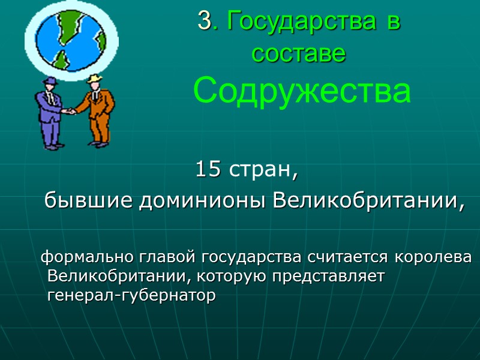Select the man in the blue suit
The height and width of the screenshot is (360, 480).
(x=49, y=114)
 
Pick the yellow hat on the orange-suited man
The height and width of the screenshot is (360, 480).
(x=94, y=79)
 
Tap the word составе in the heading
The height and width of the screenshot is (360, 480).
(x=299, y=53)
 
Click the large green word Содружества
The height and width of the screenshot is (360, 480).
(x=302, y=92)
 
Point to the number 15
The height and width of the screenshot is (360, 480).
(x=208, y=170)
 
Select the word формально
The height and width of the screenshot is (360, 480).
(x=88, y=258)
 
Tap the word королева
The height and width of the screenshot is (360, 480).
(x=433, y=258)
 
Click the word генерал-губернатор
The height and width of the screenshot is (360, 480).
(x=130, y=296)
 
